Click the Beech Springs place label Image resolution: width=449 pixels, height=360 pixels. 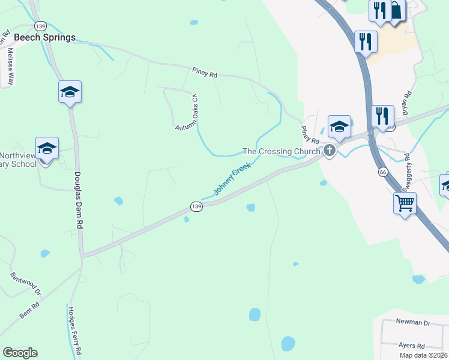45,37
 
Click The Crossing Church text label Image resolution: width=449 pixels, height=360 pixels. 280,151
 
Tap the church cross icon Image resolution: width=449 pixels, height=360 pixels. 329,151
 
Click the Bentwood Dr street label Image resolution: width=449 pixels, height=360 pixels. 25,284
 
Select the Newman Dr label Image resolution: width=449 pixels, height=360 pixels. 414,322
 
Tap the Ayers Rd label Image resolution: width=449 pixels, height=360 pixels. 412,346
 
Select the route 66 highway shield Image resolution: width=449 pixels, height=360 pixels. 382,172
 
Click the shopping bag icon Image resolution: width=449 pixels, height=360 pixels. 396,10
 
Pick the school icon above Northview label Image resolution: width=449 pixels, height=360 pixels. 47,148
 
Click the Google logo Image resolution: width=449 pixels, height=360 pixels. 20,353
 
